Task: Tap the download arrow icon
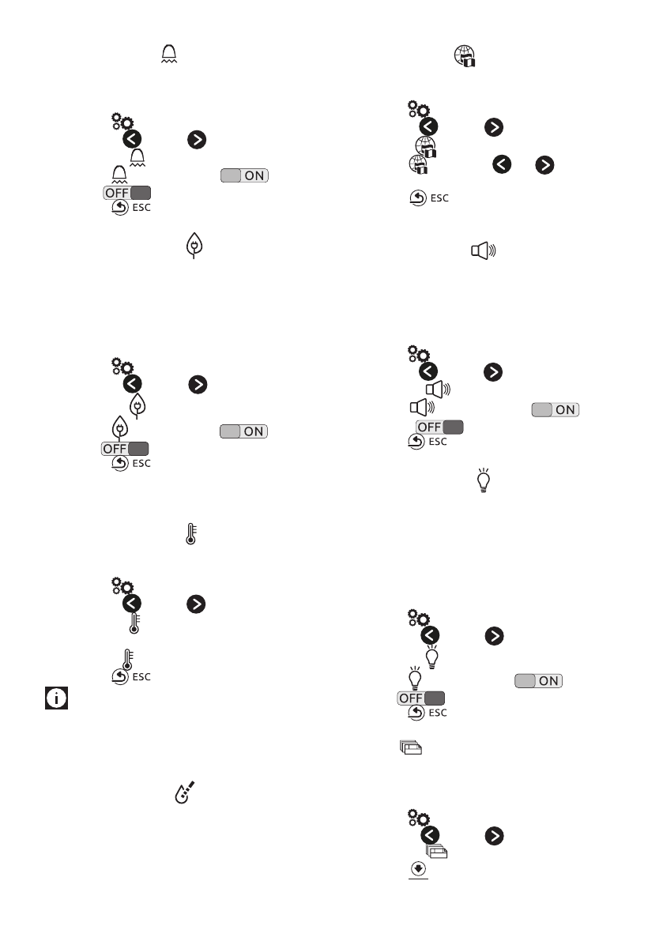pyautogui.click(x=418, y=868)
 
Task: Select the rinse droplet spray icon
pyautogui.click(x=183, y=793)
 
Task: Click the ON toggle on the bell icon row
pyautogui.click(x=244, y=175)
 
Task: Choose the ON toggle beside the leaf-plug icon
pyautogui.click(x=244, y=431)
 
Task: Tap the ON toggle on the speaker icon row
pyautogui.click(x=556, y=409)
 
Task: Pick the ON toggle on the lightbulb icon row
pyautogui.click(x=539, y=680)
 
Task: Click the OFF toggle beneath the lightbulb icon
pyautogui.click(x=421, y=698)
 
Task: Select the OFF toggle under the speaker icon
pyautogui.click(x=439, y=427)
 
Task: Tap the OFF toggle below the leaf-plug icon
pyautogui.click(x=126, y=449)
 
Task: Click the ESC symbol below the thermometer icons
pyautogui.click(x=130, y=676)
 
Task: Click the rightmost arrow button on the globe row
pyautogui.click(x=545, y=164)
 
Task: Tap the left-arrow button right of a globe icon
pyautogui.click(x=502, y=164)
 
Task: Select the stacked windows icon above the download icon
pyautogui.click(x=436, y=851)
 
